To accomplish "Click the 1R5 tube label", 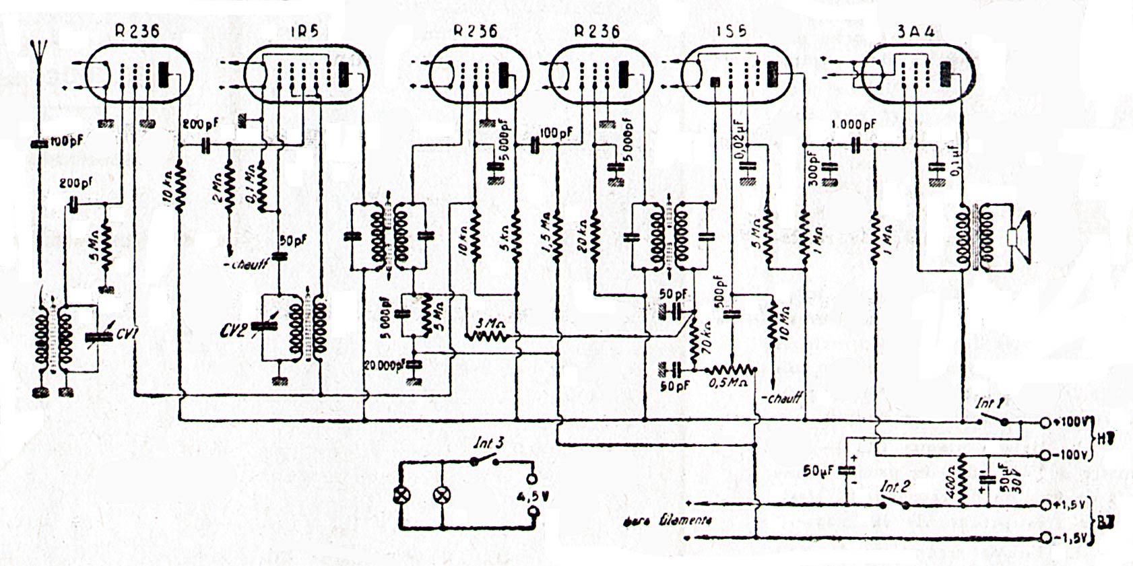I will [304, 32].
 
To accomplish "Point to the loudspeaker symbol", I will [1018, 238].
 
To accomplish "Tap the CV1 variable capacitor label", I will [125, 332].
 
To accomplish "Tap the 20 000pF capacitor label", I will [385, 365].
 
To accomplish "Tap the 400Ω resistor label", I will [950, 482].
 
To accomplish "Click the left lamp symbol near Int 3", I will [401, 496].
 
